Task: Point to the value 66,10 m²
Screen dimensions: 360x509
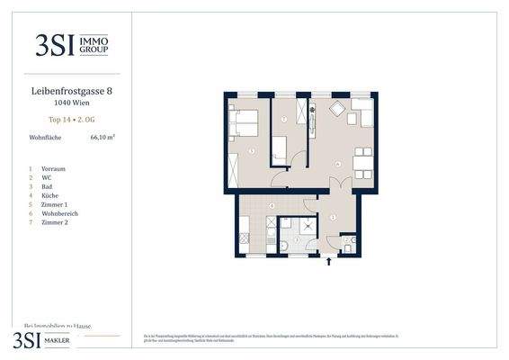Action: [x=103, y=138]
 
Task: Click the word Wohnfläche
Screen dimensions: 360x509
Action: [x=46, y=138]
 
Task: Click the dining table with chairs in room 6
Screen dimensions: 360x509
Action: [x=363, y=161]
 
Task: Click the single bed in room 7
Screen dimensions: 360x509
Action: [x=281, y=147]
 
